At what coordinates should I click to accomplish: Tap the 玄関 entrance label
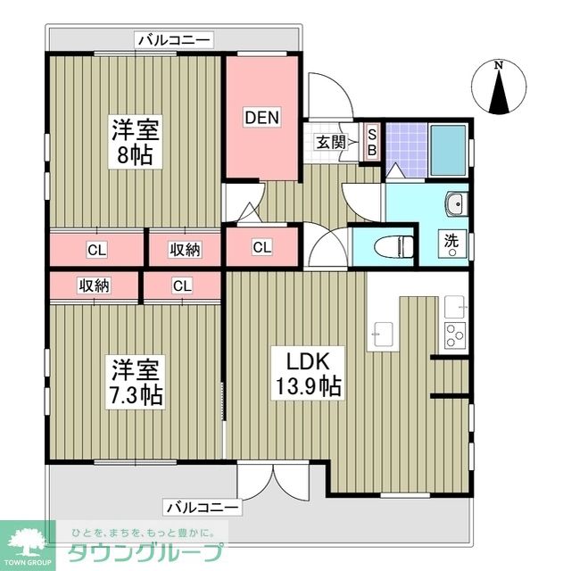[x=330, y=142]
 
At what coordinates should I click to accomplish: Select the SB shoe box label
[x=373, y=143]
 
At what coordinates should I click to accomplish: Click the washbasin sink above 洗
[x=455, y=203]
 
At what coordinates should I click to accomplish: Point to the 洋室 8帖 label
[x=135, y=142]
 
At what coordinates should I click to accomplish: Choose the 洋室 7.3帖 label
[x=136, y=381]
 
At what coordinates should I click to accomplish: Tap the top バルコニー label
[x=173, y=39]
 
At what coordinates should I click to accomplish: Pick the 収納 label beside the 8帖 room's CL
[x=185, y=249]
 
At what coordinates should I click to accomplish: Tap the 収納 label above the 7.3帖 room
[x=93, y=285]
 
